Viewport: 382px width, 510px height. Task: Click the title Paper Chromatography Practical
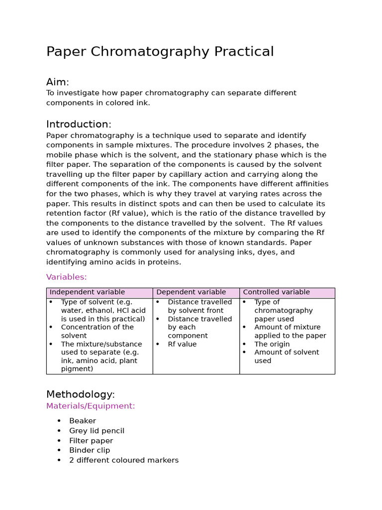(x=160, y=52)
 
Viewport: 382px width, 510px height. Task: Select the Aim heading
(x=57, y=82)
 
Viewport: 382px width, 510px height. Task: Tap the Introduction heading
(x=79, y=125)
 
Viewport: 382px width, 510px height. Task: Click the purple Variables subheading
(x=66, y=277)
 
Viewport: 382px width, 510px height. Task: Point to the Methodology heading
(x=80, y=394)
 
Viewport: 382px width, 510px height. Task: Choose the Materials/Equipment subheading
(x=90, y=406)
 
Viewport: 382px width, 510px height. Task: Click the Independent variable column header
(x=87, y=292)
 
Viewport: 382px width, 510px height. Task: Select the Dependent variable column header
(x=191, y=292)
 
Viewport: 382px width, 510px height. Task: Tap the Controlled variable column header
(x=276, y=292)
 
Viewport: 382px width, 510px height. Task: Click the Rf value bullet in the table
(x=182, y=344)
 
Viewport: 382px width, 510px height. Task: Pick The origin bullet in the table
(x=272, y=344)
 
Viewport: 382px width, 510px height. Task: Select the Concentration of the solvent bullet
(x=97, y=331)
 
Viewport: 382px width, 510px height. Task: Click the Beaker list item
(x=83, y=421)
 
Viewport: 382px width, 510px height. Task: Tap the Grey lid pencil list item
(x=96, y=431)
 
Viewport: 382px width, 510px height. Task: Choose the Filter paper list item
(x=91, y=441)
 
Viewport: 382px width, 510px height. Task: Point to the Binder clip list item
(x=90, y=450)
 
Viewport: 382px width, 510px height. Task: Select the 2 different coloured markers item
(x=123, y=460)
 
